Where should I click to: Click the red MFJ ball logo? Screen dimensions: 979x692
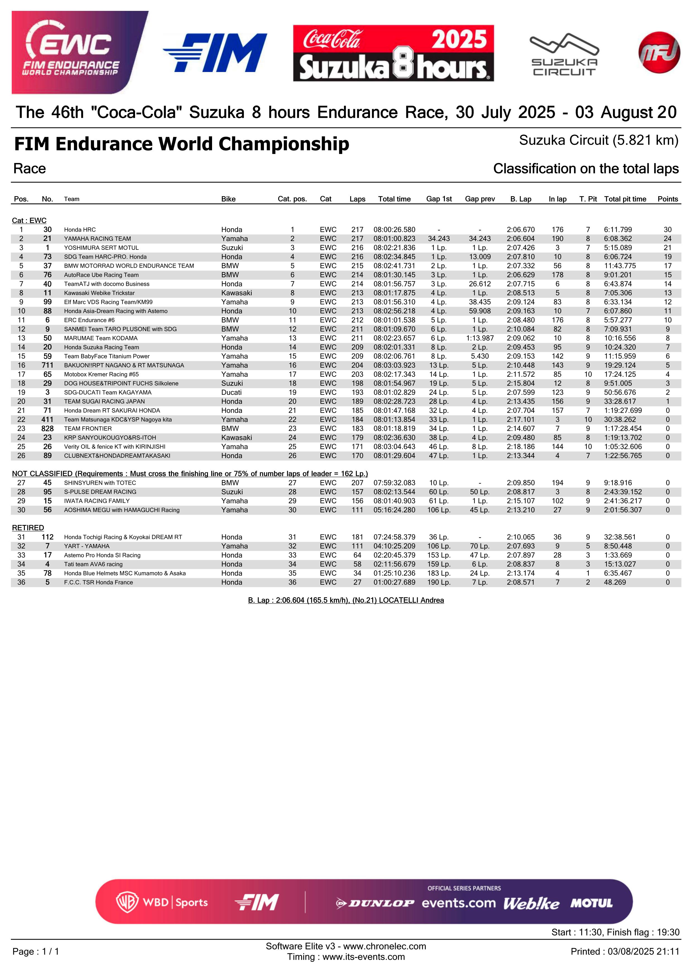click(659, 52)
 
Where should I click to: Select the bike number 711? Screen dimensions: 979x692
click(47, 365)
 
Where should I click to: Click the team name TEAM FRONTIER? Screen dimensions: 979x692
click(88, 429)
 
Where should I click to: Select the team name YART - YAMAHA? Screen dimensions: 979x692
click(86, 546)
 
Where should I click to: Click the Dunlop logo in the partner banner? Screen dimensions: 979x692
click(375, 903)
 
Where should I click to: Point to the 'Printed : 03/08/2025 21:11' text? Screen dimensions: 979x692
click(625, 952)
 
